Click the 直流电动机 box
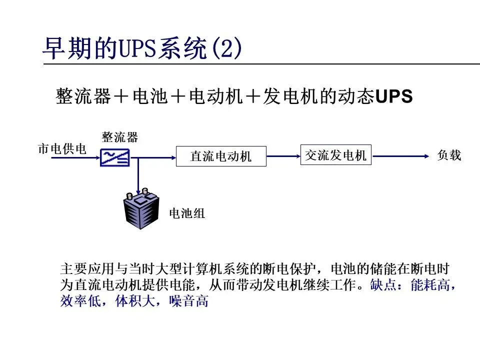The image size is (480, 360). tap(221, 156)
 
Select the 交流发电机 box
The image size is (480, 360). tap(335, 155)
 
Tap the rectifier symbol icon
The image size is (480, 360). tap(114, 157)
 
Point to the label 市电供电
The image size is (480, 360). tap(62, 149)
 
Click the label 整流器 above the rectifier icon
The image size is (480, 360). tap(120, 136)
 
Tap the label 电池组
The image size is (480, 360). tap(187, 213)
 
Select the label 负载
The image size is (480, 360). tap(449, 155)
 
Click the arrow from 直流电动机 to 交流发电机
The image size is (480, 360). tap(283, 156)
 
